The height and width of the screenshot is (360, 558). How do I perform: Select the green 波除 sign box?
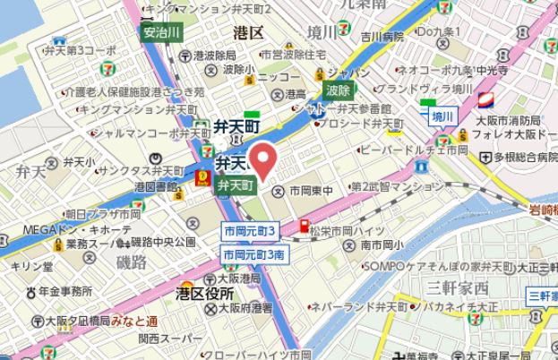(x=338, y=90)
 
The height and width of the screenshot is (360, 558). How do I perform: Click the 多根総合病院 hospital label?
(x=519, y=157)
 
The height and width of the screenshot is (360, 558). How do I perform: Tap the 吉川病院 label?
(x=382, y=37)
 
